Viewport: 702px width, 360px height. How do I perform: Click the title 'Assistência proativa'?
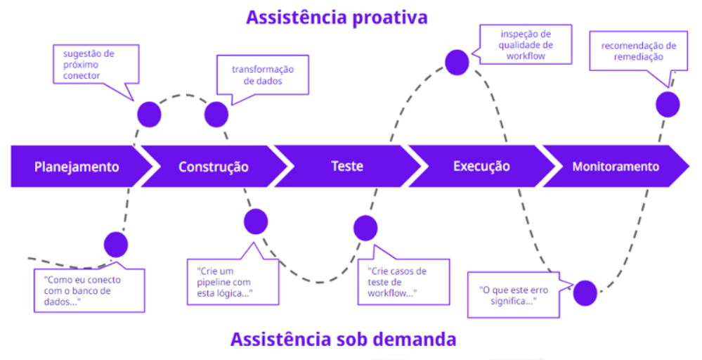(x=337, y=17)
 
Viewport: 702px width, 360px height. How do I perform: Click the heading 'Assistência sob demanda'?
(x=343, y=340)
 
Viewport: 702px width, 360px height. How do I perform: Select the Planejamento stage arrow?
(x=77, y=167)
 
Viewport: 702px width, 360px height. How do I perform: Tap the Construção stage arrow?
(x=214, y=167)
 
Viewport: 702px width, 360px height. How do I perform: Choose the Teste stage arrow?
(x=347, y=167)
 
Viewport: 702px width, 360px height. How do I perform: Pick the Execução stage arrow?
(x=481, y=167)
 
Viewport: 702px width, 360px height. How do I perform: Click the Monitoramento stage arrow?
(x=616, y=167)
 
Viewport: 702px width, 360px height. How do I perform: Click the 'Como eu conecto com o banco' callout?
(x=89, y=290)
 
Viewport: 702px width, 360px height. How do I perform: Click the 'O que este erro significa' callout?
(x=512, y=295)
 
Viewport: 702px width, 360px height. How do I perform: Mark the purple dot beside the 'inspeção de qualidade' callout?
(x=457, y=62)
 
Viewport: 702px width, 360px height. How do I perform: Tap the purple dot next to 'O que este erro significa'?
(x=585, y=292)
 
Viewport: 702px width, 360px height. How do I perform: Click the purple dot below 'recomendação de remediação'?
(x=668, y=105)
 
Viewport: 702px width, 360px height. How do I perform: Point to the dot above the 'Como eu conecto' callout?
(x=116, y=244)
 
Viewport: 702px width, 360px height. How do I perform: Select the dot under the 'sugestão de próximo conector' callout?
(x=149, y=114)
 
